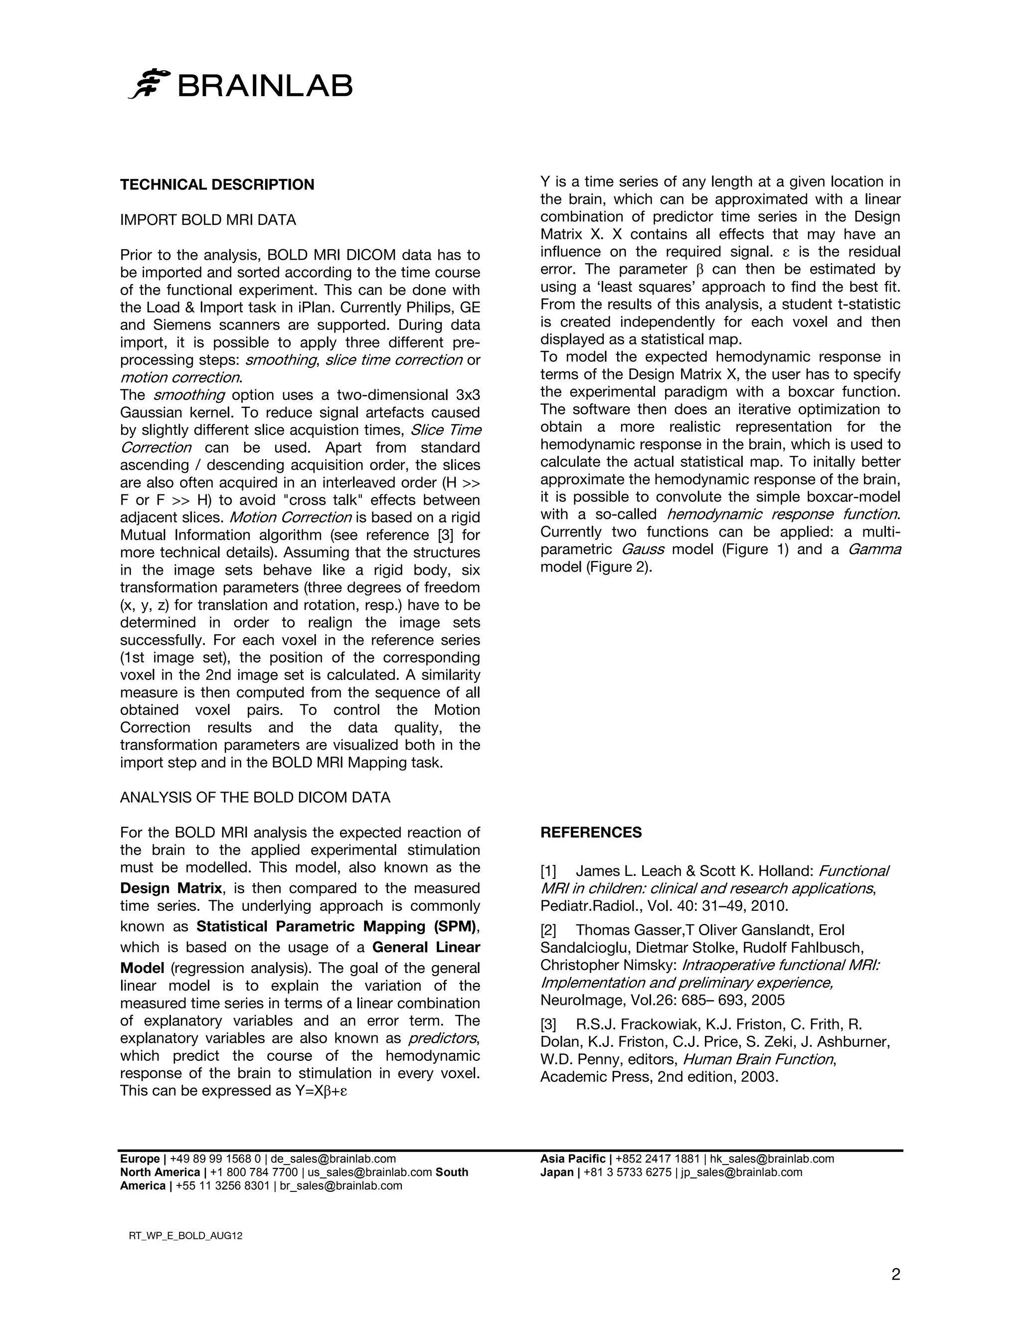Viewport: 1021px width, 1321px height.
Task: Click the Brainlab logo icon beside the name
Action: tap(149, 83)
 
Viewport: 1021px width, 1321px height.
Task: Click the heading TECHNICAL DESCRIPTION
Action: tap(217, 184)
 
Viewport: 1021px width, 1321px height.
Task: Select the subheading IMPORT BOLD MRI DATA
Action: tap(208, 220)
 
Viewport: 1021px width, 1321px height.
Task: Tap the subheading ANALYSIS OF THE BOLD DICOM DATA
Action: tap(255, 797)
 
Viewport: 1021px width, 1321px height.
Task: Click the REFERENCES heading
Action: tap(590, 832)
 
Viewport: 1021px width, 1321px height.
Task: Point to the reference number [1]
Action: tap(548, 871)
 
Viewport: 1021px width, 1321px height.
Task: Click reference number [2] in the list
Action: tap(548, 930)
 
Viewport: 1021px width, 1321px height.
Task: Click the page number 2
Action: tap(895, 1275)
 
